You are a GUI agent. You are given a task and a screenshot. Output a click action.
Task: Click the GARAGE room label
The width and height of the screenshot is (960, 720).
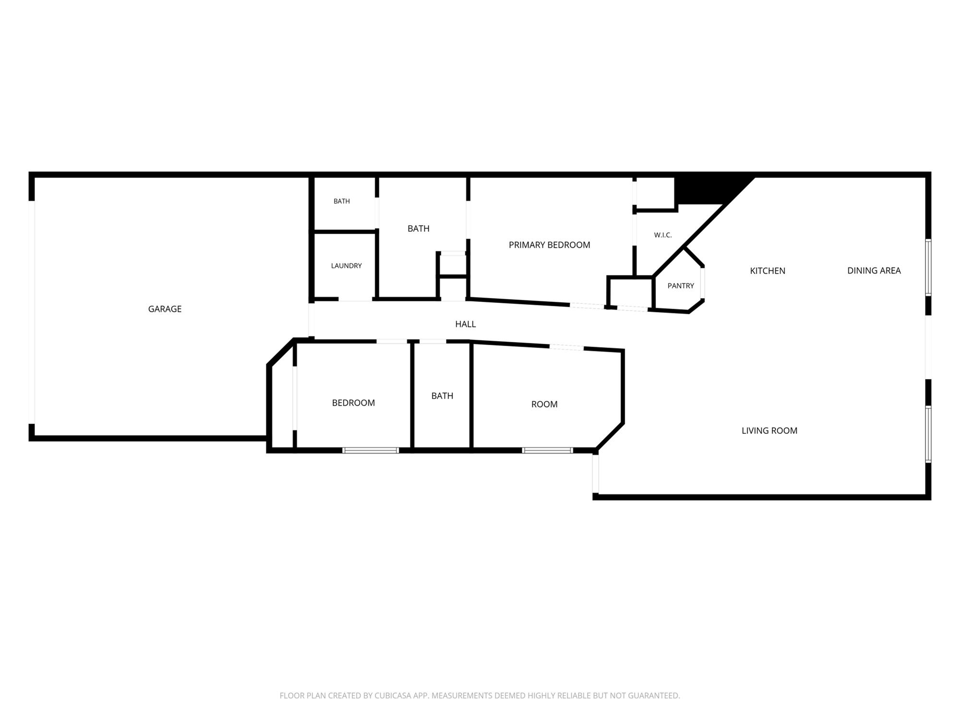tap(165, 309)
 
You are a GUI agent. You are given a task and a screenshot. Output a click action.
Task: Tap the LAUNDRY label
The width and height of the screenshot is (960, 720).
tap(346, 266)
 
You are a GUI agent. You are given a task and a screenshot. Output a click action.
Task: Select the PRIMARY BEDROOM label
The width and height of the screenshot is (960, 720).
tap(549, 245)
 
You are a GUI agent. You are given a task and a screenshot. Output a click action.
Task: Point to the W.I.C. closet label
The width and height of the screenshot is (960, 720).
tap(662, 235)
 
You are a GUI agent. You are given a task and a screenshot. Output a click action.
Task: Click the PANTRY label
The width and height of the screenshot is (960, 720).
tap(681, 286)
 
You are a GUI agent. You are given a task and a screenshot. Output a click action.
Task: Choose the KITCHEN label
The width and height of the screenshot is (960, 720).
tap(768, 271)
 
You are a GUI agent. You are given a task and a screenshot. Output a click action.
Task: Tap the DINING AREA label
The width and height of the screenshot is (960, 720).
tap(874, 271)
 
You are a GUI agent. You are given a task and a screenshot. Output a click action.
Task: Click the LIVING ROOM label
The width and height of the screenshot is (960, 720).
tap(769, 431)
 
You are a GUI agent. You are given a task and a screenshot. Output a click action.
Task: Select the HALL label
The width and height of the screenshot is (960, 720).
tap(465, 324)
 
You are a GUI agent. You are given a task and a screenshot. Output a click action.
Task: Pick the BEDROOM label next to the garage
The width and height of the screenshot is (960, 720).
tap(353, 403)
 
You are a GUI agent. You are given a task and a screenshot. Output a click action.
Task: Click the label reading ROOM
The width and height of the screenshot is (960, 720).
tap(544, 405)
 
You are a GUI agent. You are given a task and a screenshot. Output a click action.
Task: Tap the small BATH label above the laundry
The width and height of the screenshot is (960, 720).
tap(342, 202)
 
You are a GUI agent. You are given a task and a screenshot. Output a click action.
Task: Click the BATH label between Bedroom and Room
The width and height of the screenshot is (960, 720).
tap(442, 396)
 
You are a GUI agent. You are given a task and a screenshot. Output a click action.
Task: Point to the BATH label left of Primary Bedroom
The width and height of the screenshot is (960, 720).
tap(418, 229)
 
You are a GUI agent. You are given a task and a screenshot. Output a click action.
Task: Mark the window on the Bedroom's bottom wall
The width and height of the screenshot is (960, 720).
tap(371, 450)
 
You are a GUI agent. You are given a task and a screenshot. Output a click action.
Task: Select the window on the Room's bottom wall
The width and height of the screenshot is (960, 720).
tap(547, 450)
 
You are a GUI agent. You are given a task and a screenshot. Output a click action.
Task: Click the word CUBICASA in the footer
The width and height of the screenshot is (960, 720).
tap(394, 696)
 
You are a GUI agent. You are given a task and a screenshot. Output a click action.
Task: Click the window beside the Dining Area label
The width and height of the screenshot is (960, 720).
tap(928, 267)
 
